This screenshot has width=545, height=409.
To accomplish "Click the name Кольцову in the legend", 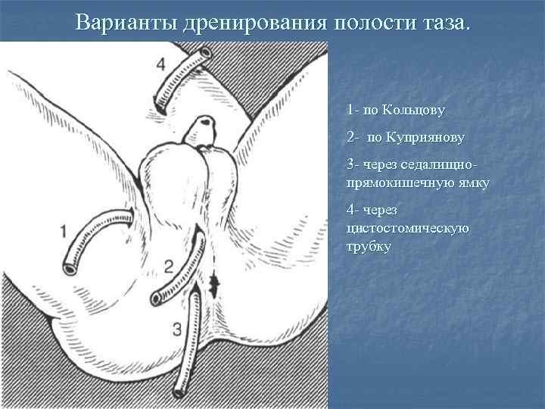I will click(414, 110).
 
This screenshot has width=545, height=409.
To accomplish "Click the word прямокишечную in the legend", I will click(399, 183).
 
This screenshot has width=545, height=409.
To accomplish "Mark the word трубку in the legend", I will click(369, 246).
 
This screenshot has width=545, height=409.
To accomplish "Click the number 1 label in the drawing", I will click(63, 231).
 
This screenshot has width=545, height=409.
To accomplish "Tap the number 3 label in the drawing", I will click(176, 329).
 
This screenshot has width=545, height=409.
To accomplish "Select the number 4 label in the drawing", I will click(160, 62).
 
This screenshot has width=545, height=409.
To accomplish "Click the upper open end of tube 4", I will click(206, 55).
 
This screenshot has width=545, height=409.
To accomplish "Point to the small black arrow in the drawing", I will click(214, 285).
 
